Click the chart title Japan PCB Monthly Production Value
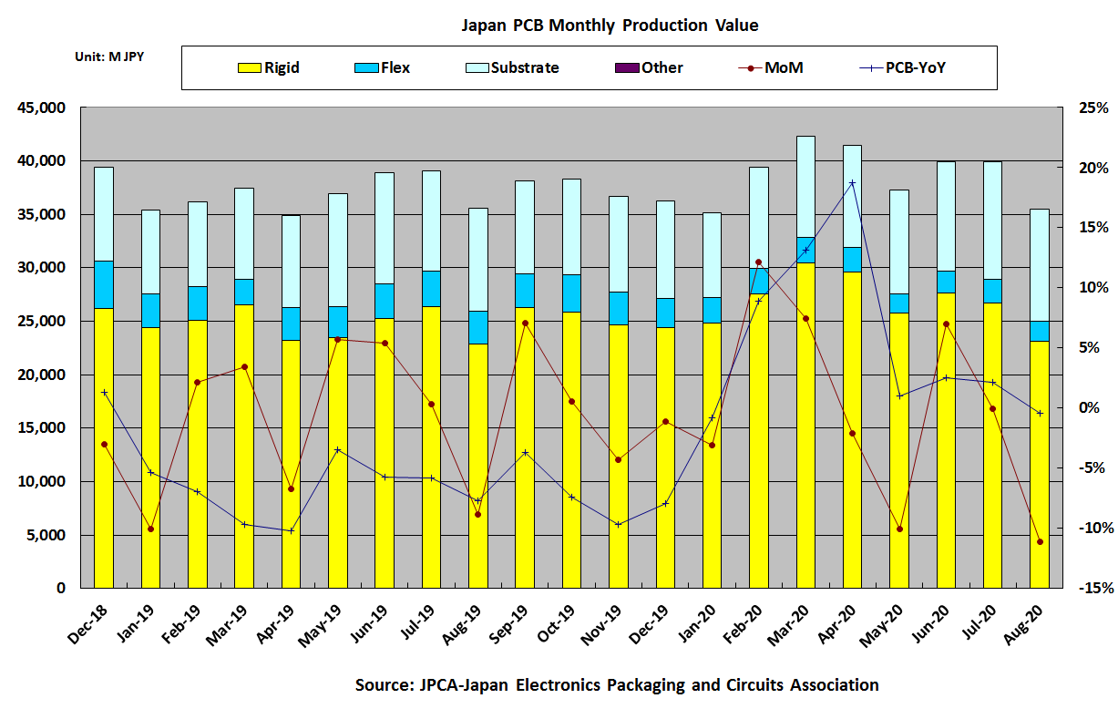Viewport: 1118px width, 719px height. (x=609, y=25)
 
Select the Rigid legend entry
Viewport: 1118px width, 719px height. (x=268, y=67)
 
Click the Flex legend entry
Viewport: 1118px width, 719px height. (x=382, y=67)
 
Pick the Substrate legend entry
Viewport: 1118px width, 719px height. (x=511, y=67)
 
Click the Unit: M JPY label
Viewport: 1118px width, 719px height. (x=109, y=56)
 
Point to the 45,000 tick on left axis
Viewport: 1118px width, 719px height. (x=42, y=108)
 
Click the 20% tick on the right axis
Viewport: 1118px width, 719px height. (x=1094, y=169)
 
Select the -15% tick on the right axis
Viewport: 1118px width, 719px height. (x=1092, y=589)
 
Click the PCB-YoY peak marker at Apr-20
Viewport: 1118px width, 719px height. (x=852, y=183)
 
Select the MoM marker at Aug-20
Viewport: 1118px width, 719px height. (x=1039, y=542)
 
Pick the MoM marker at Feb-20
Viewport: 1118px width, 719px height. (x=758, y=262)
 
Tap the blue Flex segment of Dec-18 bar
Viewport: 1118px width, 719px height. (x=104, y=284)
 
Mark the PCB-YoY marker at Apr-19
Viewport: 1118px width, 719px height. (x=291, y=530)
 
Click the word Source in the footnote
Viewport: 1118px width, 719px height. (x=384, y=685)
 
